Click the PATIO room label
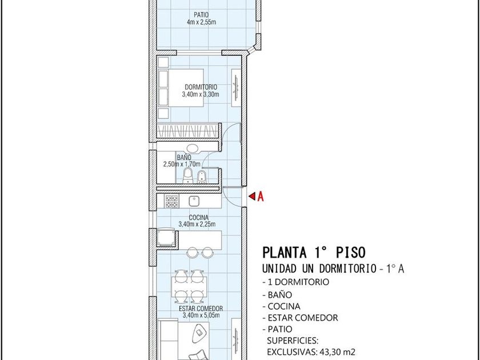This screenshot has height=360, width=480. coord(201,15)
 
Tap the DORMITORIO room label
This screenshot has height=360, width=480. coord(201,87)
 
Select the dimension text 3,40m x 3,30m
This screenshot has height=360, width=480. coord(201,94)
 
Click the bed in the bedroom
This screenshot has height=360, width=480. coord(181,88)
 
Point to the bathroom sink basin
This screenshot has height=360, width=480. coord(193,149)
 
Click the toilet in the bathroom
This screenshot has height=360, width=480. coord(187,175)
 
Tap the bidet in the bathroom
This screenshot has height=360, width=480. coord(201,177)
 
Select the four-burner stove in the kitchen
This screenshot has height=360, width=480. coord(171,201)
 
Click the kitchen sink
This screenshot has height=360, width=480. coord(194,201)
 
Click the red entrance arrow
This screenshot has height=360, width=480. coord(252,196)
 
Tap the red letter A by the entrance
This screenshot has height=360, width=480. coord(260,197)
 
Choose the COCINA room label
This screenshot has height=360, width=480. coord(199,218)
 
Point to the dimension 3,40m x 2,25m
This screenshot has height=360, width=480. coord(197,225)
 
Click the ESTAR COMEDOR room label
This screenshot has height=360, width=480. coord(201,309)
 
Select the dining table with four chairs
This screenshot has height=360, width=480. coord(189,286)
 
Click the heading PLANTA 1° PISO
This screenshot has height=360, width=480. coord(314,253)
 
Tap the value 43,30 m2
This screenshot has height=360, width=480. coord(338,352)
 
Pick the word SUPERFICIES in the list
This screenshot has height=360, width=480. coord(293,341)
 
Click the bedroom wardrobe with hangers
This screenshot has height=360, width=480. coord(188,131)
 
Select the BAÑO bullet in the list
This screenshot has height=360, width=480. coord(277,295)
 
